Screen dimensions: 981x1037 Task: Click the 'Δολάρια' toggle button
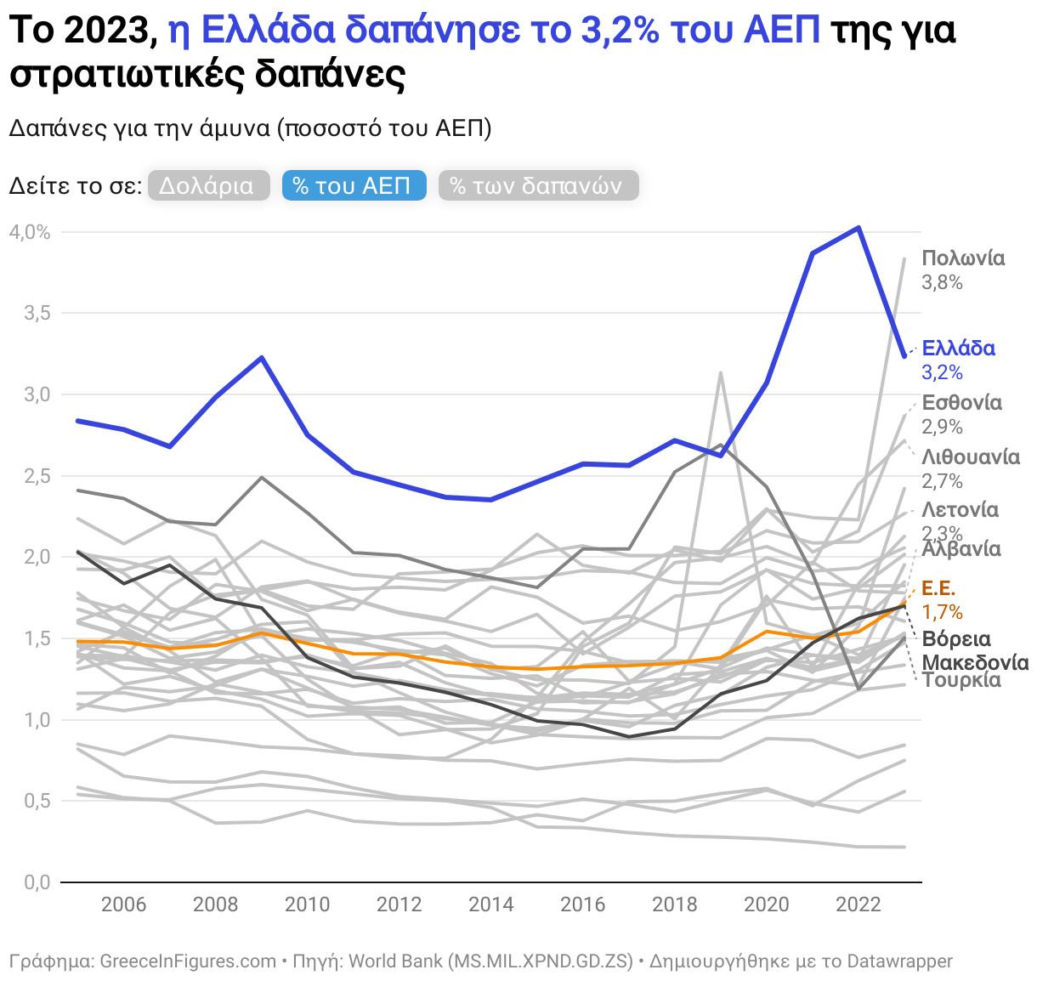tap(207, 185)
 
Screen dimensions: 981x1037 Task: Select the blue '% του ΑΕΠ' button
tap(353, 185)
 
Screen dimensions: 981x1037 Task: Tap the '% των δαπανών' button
tap(537, 185)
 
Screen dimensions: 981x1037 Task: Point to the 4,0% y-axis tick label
tap(30, 232)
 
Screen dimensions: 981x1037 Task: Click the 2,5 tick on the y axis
tap(34, 476)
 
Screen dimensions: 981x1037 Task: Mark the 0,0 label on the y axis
tap(34, 882)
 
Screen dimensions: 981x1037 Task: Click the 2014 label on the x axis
tap(490, 904)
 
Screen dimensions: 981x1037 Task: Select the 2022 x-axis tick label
tap(858, 904)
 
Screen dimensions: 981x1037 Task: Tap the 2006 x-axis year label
tap(123, 904)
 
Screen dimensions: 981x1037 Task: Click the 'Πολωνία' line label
tap(963, 258)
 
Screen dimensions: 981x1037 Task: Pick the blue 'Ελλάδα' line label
tap(958, 348)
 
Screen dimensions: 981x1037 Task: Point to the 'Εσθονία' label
tap(961, 402)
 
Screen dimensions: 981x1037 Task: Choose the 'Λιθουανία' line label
tap(970, 457)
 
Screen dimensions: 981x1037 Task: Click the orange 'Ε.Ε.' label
tap(938, 588)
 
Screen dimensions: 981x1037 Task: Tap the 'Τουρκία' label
tap(961, 680)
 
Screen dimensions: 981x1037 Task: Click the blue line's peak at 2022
tap(858, 228)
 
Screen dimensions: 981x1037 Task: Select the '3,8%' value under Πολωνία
tap(942, 282)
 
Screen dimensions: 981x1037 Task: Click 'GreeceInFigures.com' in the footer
tap(188, 961)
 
